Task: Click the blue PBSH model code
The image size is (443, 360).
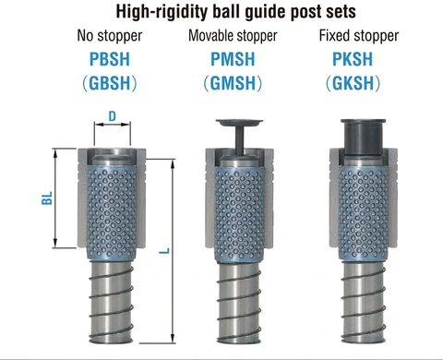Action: coord(110,59)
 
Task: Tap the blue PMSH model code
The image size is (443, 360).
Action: coord(233,59)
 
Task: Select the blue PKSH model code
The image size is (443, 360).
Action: coord(353,59)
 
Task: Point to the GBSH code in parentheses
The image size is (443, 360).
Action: coord(110,83)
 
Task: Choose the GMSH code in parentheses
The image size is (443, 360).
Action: coord(233,83)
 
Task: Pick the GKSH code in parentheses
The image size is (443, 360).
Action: coord(353,83)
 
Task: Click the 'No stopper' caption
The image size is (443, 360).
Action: coord(110,36)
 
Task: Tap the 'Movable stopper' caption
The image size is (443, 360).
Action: coord(233,36)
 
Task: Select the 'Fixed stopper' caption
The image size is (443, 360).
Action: coord(359,36)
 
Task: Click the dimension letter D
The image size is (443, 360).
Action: coord(113,116)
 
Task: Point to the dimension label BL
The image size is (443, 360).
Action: coord(47,198)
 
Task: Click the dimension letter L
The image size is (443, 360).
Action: coord(165,251)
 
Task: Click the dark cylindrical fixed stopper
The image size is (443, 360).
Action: coord(363,136)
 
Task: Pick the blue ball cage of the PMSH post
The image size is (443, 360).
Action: coord(239,215)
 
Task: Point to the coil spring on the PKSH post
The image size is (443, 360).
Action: coord(364,303)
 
